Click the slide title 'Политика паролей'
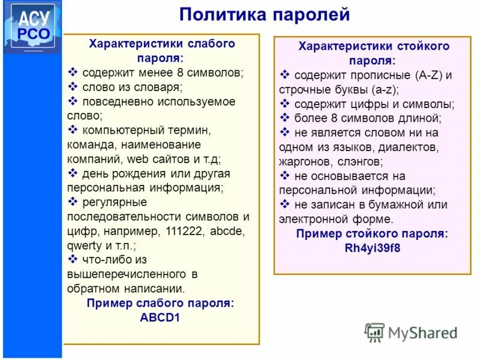[x=264, y=14]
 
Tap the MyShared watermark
[x=412, y=332]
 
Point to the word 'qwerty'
[x=85, y=245]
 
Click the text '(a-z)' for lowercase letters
[x=386, y=89]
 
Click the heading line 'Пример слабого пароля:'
[x=160, y=304]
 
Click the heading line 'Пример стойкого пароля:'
[x=372, y=234]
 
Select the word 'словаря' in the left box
[x=160, y=87]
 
